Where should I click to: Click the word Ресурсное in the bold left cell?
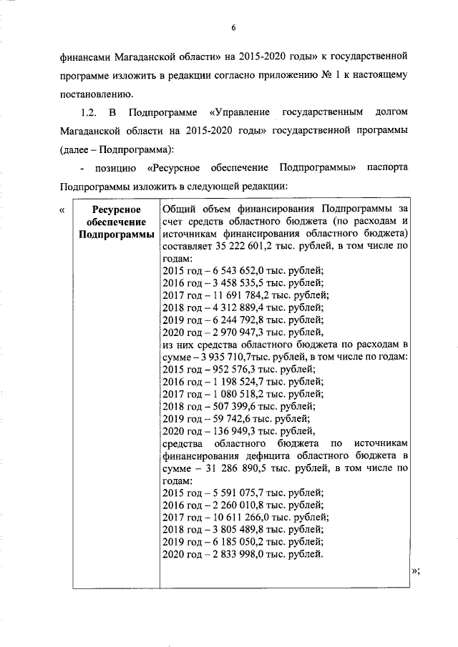point(116,209)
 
